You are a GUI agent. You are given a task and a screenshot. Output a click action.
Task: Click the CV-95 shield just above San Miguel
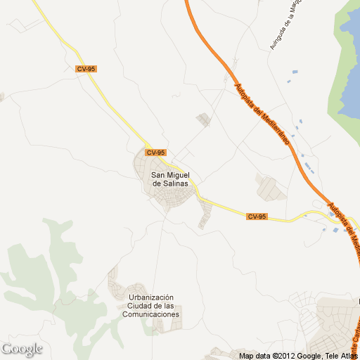point(155,153)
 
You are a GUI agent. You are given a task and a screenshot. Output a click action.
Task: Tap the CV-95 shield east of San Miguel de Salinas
point(257,217)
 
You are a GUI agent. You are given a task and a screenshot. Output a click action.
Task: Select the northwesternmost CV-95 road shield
point(86,69)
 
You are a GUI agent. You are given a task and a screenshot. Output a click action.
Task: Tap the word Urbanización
point(151,297)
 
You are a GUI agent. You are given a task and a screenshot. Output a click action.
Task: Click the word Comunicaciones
point(151,314)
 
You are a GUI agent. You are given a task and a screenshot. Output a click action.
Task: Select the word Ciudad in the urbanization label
point(141,306)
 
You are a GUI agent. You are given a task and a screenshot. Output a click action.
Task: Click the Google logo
point(22,349)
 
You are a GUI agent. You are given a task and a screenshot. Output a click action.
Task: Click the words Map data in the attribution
point(255,356)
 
